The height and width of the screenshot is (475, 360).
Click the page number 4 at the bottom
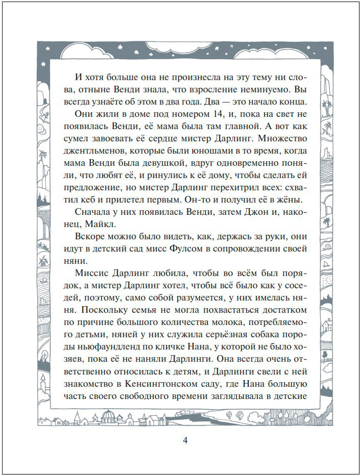[x=185, y=440]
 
